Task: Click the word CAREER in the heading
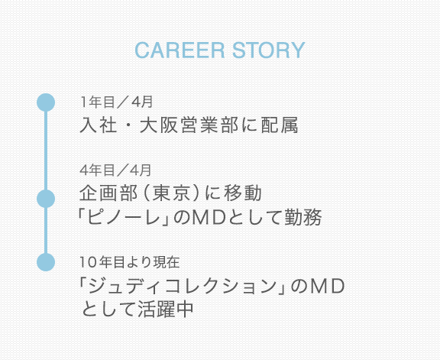tap(180, 50)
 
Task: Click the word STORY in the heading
tap(269, 50)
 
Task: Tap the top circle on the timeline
tap(46, 102)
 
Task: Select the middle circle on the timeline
tap(46, 199)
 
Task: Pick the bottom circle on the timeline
tap(46, 262)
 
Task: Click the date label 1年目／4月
tap(116, 102)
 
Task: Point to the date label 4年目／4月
tap(115, 170)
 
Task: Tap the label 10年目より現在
tap(130, 262)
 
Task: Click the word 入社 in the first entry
tap(99, 125)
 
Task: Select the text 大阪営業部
tap(189, 125)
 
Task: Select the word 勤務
tap(303, 217)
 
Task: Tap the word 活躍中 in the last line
tap(166, 310)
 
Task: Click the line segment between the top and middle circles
tap(46, 151)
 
